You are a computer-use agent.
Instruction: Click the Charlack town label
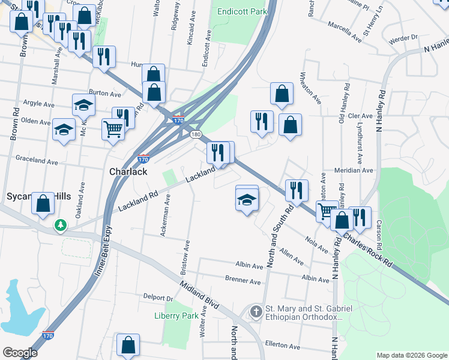pos(128,172)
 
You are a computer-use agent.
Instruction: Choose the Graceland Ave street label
pos(37,161)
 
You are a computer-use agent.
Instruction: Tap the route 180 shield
pos(196,134)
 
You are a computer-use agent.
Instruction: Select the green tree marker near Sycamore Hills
pos(61,226)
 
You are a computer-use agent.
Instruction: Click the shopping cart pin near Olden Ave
pos(112,128)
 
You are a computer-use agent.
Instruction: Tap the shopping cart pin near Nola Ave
pos(327,210)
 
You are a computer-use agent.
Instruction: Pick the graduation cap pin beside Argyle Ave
pos(83,106)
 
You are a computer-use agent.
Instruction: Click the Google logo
pos(20,353)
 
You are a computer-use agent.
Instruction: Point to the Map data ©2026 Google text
pos(411,355)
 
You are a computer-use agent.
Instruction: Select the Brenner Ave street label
pos(243,281)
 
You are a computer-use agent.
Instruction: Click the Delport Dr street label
pos(158,298)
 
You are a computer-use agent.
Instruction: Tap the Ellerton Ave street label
pos(282,346)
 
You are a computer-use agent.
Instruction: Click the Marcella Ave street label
pos(345,32)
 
